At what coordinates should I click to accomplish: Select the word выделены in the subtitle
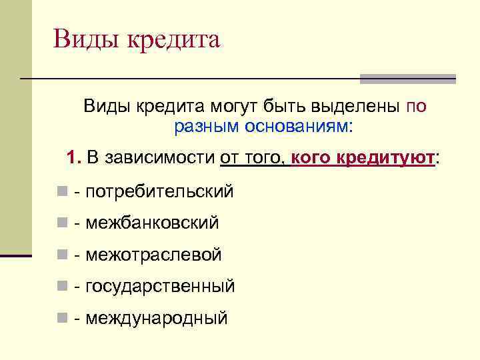pos(360,107)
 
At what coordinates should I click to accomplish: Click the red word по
pos(417,107)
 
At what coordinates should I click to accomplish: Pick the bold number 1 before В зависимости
pos(74,159)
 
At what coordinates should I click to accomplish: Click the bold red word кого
pos(311,159)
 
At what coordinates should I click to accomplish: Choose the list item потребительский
pos(159,192)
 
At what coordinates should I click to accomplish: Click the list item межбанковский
pos(152,223)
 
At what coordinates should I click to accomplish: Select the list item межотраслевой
pos(153,255)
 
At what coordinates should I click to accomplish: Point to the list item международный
pos(156,318)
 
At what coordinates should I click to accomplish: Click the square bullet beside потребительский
pos(61,192)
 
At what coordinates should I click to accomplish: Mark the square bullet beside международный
pos(61,318)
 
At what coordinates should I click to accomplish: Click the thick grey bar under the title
pos(407,79)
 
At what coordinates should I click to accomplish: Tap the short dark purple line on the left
pos(16,255)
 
